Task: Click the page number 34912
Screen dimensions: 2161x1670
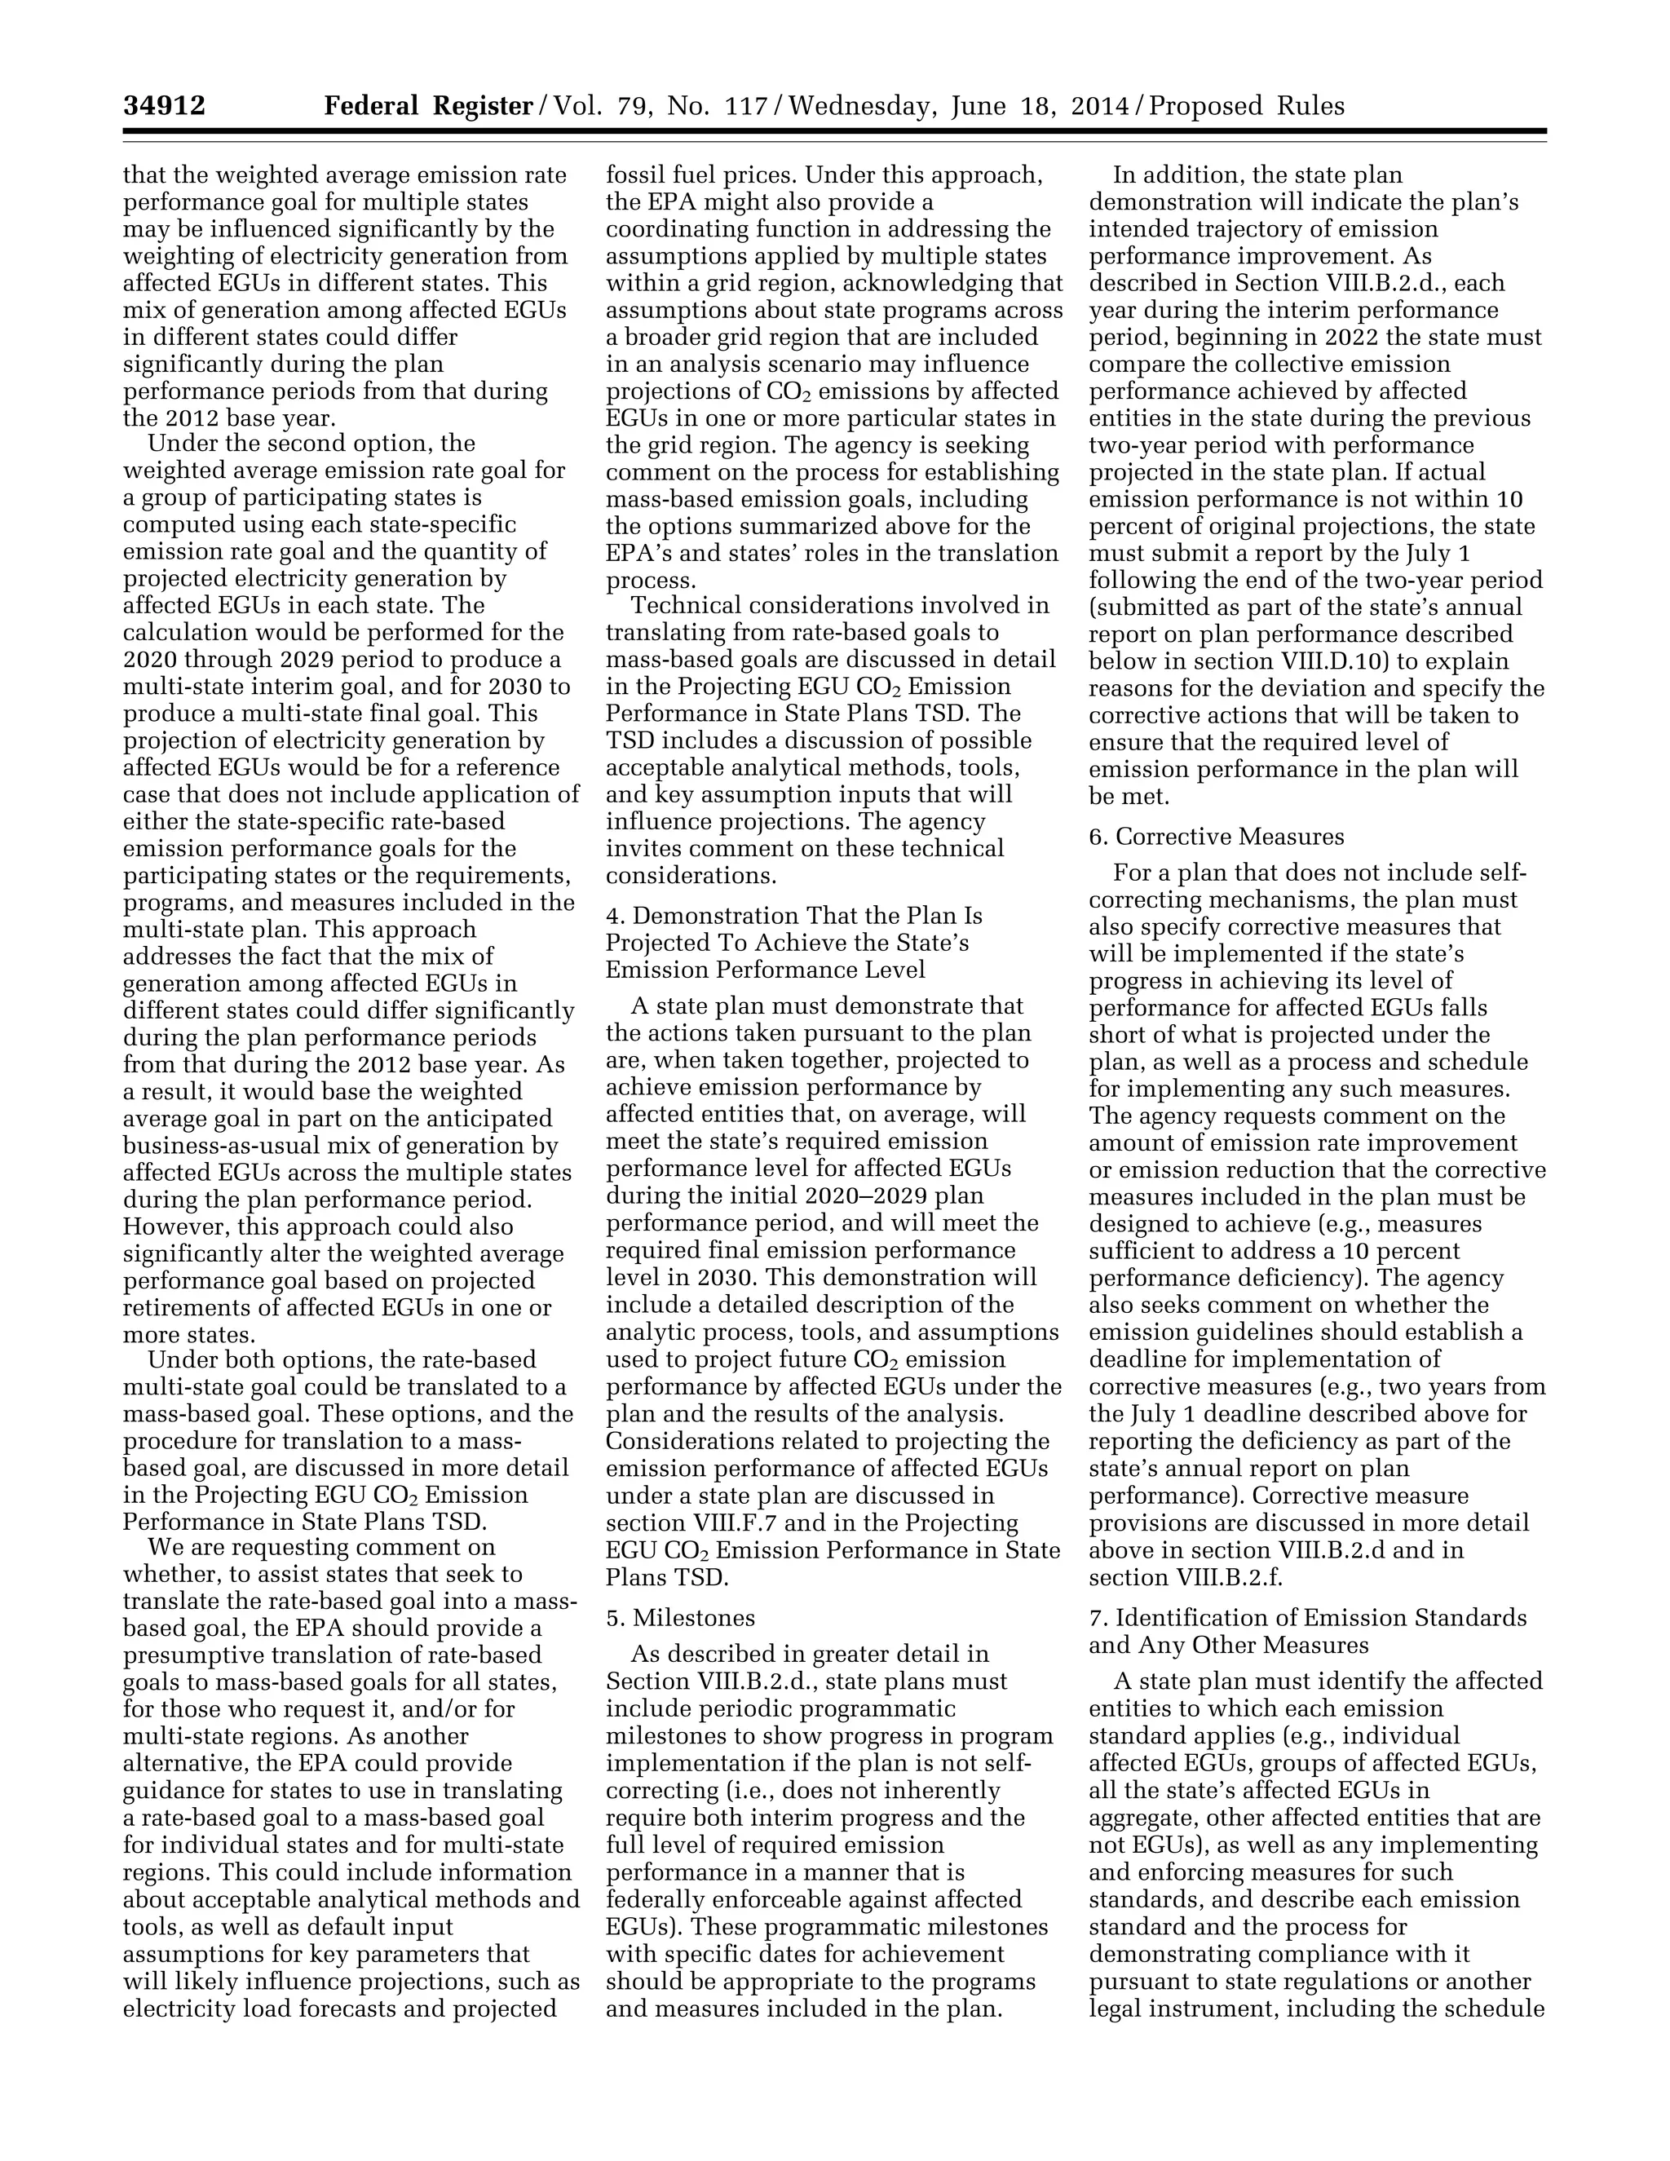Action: (164, 106)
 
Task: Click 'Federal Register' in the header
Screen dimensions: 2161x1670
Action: (428, 106)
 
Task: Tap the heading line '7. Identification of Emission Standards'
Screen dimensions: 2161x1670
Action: (1307, 1618)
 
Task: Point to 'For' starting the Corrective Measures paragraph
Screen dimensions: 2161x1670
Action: (1131, 873)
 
